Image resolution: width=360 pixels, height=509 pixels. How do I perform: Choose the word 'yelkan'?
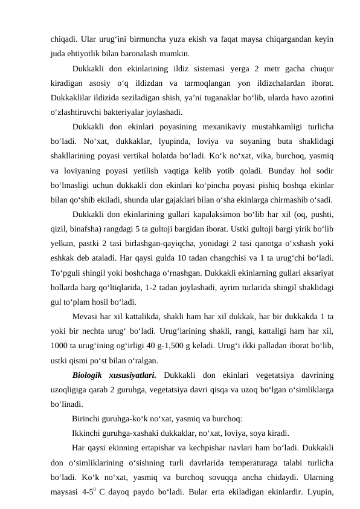point(62,243)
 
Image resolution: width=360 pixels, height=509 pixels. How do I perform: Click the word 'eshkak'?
point(62,258)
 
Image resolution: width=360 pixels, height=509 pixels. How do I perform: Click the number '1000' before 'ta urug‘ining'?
point(60,346)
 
